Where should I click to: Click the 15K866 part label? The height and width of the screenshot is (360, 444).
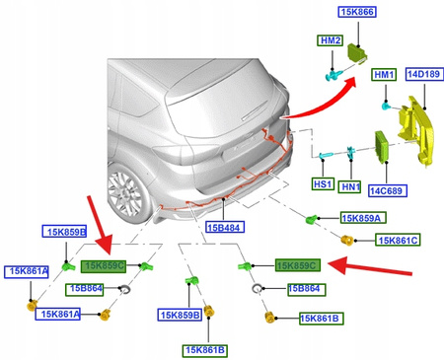point(357,12)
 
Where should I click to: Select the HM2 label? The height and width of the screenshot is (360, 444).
point(331,40)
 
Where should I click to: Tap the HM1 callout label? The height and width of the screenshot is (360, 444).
point(384,75)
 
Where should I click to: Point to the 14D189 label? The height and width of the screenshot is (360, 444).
point(424,74)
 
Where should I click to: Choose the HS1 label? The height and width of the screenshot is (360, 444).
point(323,183)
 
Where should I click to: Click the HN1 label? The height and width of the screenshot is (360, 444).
point(351,186)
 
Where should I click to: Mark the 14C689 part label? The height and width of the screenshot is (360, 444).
point(387,190)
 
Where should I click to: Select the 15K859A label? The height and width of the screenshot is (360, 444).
point(363,218)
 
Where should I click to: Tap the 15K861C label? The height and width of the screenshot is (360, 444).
point(398,241)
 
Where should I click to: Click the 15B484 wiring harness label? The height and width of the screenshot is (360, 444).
point(225,227)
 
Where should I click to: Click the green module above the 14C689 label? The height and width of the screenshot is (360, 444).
point(382,147)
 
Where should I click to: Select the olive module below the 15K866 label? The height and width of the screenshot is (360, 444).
point(357,52)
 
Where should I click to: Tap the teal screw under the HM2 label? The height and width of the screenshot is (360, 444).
point(334,75)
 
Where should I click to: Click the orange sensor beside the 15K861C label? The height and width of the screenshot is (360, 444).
point(346,241)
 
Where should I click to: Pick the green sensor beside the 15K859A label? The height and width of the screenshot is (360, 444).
point(311,219)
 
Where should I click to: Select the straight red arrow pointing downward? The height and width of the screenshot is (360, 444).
point(100,225)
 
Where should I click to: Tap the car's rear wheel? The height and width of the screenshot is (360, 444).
point(126,191)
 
